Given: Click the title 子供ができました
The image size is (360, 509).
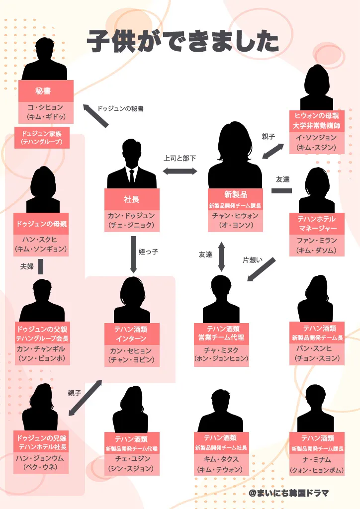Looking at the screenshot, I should point(183,41).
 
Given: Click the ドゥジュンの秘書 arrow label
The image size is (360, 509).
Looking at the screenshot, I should point(120,108).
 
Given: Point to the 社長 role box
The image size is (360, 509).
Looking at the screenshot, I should point(132,199).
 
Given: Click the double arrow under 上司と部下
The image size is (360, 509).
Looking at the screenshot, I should point(180,171).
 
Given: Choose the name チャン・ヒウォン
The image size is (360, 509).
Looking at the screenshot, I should point(236,216).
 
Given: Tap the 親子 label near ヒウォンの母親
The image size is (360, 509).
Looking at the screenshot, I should point(269,136).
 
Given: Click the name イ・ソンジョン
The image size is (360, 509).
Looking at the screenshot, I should point(316,138).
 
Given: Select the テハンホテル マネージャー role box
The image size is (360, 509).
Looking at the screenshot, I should point(317,224).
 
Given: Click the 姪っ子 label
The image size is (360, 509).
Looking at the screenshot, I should point(148,252).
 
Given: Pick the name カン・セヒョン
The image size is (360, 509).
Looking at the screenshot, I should point(132,351).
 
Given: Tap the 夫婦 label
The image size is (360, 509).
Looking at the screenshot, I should point(27,267).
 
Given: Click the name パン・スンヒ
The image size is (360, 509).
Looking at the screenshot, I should point(317,349).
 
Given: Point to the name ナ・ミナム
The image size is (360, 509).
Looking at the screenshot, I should point(317,460).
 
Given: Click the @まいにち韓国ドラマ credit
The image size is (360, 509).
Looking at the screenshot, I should point(288,493).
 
